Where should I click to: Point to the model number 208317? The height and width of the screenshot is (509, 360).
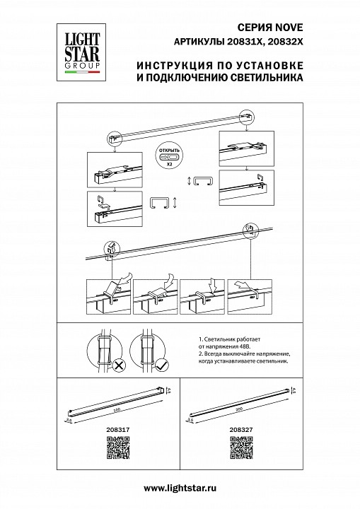coord(107,429)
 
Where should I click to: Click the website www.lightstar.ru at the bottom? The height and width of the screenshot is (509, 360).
coord(180,488)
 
